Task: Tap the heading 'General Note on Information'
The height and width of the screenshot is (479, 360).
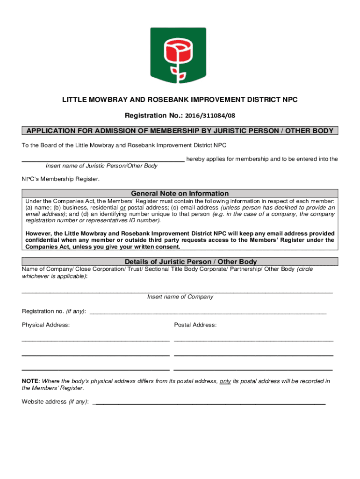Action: tap(180, 193)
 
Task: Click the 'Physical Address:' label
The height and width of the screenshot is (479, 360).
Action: tap(46, 325)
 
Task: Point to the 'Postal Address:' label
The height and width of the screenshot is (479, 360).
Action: tap(195, 325)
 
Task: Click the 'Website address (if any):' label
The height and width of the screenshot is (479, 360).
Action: tap(55, 402)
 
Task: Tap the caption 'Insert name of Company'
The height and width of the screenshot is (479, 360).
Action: tap(180, 297)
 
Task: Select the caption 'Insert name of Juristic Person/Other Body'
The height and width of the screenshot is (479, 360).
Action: tap(101, 166)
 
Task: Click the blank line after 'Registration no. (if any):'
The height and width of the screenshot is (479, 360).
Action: tap(208, 312)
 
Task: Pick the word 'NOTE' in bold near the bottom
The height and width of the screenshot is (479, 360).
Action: tap(30, 381)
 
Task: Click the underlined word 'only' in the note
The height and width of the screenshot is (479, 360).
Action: tap(225, 381)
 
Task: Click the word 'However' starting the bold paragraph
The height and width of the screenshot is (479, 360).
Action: tap(38, 233)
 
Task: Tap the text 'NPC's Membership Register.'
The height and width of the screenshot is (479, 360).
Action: tap(60, 179)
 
